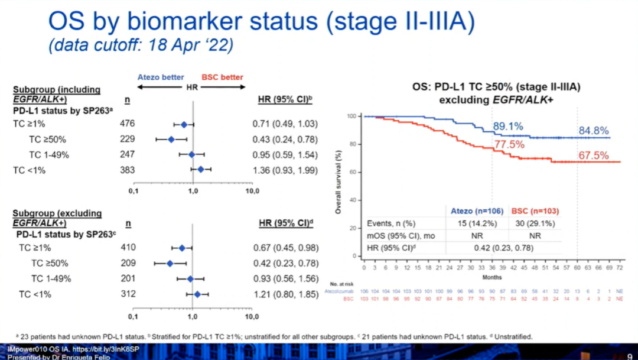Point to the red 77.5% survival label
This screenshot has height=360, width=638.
click(509, 144)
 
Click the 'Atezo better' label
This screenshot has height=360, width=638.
click(161, 77)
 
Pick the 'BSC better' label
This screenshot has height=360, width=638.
click(222, 77)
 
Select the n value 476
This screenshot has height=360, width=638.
click(127, 124)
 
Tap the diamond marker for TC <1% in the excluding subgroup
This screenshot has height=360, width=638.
click(197, 294)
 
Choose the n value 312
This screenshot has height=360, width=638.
click(127, 294)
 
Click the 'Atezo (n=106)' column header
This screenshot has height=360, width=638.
click(477, 210)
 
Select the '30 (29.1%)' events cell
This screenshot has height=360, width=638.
click(534, 223)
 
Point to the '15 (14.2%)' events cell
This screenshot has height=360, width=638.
click(477, 223)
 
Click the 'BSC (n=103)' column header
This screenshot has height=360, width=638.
click(534, 210)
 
